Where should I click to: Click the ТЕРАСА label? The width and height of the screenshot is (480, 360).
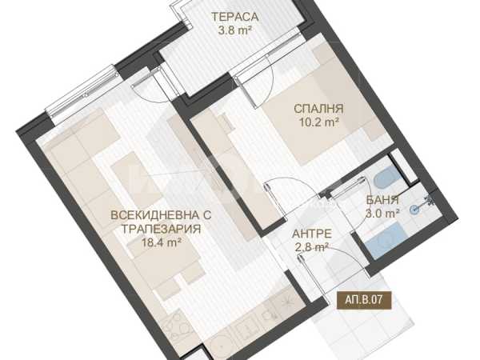234,17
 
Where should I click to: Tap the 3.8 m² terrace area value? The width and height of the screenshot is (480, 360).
234,30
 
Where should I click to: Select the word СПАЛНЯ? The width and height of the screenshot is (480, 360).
318,109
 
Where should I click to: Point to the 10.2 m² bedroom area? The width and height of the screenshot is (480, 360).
318,122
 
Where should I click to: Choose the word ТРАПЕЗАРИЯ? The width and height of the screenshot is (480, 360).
162,229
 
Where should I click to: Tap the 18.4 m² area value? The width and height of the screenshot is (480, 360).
162,242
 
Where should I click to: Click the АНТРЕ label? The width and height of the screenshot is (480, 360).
312,234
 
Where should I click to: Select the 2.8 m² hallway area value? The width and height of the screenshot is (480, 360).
312,247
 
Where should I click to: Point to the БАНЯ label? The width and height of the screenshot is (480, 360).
382,200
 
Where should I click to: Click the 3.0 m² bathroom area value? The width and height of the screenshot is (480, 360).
382,214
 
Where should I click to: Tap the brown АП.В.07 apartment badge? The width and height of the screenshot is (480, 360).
364,299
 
